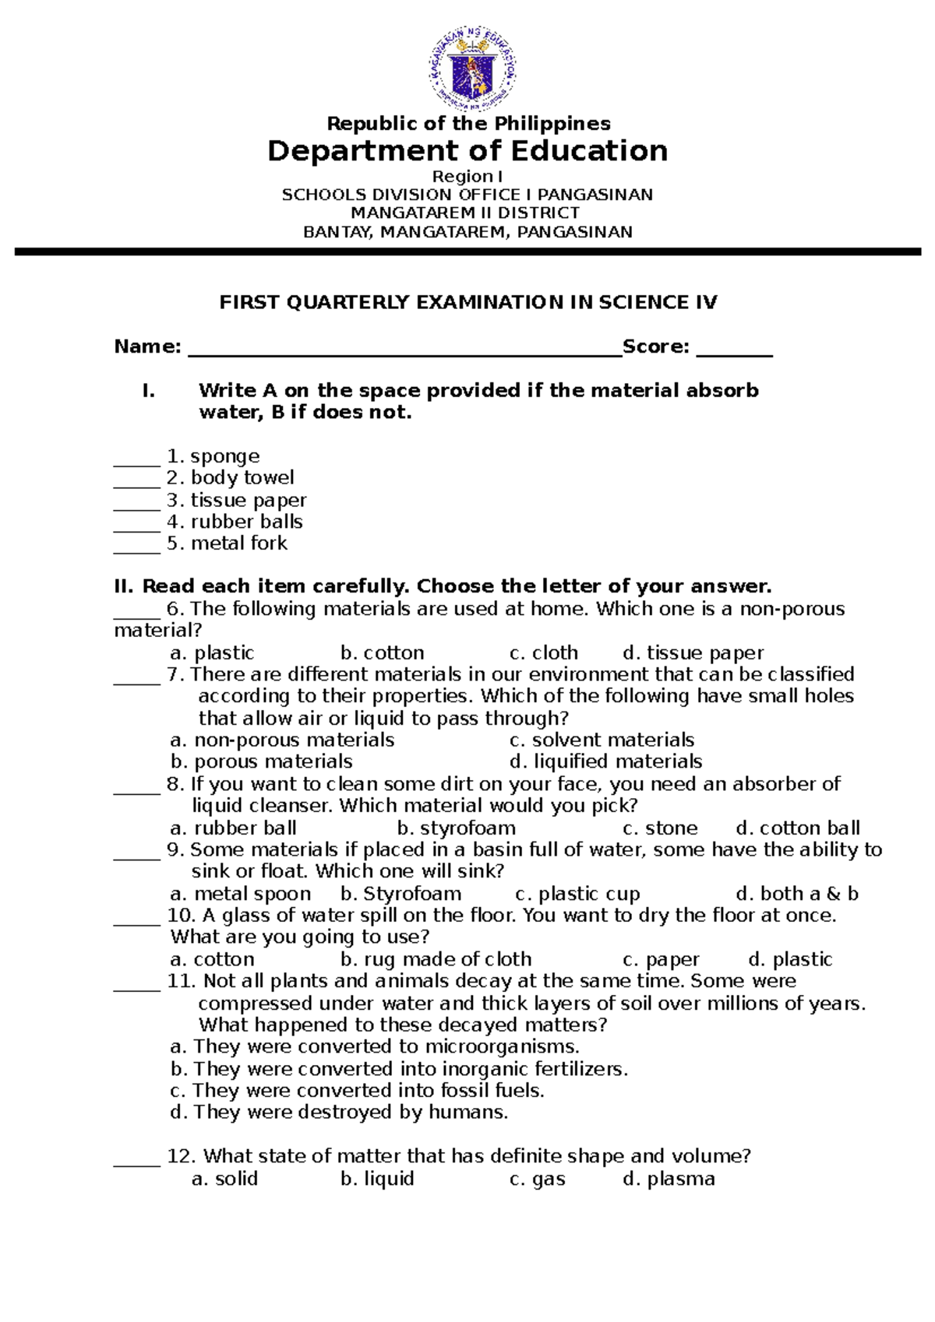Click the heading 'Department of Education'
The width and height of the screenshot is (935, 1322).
[x=467, y=150]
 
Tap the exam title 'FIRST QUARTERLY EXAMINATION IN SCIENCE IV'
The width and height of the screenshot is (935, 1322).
[x=467, y=302]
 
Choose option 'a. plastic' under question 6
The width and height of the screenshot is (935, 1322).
[x=212, y=652]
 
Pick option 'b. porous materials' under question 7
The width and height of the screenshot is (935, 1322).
[x=261, y=761]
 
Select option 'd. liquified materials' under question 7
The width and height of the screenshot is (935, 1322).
[x=605, y=761]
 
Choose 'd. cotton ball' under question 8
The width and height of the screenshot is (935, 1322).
[x=798, y=828]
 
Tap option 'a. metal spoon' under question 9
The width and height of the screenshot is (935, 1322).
[x=240, y=894]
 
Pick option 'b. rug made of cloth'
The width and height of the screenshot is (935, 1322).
[x=436, y=959]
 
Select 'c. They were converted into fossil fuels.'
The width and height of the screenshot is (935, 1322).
[x=357, y=1090]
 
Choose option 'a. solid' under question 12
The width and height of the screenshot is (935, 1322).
[x=224, y=1179]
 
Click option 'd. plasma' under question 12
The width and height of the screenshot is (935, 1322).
[x=669, y=1179]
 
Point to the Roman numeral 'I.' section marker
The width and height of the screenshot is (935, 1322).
[x=148, y=391]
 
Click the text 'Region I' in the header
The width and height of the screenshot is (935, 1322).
[x=467, y=177]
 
